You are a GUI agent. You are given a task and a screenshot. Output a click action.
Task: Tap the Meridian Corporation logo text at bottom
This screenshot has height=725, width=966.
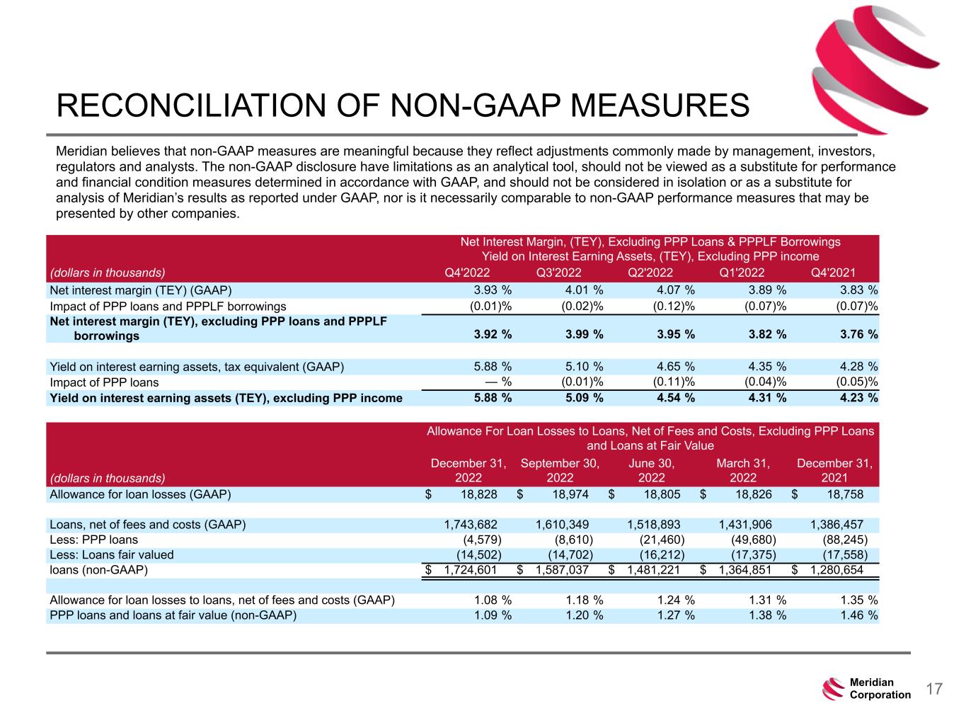tap(880, 688)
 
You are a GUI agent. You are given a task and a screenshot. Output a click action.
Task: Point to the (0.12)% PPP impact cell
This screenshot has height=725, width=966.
tap(669, 306)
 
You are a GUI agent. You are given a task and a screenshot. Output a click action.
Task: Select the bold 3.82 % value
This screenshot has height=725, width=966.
tap(762, 336)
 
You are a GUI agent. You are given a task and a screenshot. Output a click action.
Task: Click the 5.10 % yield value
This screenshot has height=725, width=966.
tap(580, 367)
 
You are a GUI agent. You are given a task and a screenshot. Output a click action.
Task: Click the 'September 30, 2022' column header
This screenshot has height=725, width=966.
tap(560, 470)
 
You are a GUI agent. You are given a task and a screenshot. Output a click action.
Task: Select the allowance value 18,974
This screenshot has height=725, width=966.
tap(570, 494)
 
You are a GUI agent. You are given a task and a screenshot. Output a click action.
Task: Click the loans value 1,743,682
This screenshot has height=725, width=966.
tap(471, 525)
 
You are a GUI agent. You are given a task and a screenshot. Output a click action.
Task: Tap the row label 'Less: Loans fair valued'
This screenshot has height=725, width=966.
tap(111, 555)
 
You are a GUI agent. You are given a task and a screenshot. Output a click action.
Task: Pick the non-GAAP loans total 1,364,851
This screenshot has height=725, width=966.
tap(745, 570)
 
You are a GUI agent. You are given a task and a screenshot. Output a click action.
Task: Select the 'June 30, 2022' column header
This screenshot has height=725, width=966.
tap(651, 470)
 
